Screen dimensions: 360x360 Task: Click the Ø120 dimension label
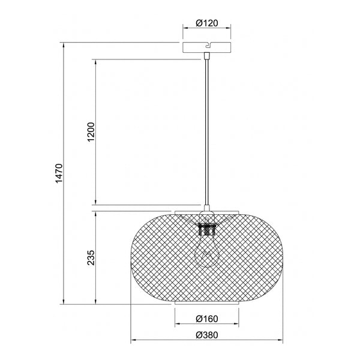[206, 23]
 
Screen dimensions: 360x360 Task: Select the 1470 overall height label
[59, 173]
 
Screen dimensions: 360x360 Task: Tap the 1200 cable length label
[91, 132]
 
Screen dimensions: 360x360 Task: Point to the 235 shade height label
[91, 257]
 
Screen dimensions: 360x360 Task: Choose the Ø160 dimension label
[206, 319]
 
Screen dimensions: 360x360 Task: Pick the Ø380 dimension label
[206, 335]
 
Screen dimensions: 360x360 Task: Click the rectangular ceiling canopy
[206, 47]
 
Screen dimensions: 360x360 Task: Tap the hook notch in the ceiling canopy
[208, 45]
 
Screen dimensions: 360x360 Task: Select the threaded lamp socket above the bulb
[206, 229]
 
